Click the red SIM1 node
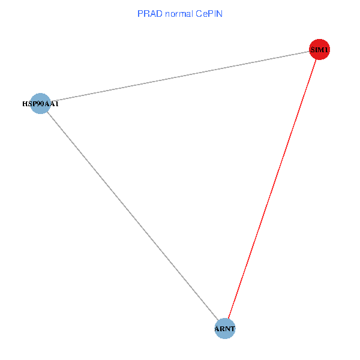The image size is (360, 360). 319,49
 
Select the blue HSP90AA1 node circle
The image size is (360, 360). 40,103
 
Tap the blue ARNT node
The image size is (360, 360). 224,328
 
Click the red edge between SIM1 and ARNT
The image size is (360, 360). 272,188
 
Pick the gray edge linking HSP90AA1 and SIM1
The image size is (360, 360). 180,76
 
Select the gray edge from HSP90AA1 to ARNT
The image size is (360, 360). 132,216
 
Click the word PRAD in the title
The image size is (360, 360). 149,14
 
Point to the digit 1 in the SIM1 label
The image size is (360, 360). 326,50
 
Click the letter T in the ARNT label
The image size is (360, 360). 232,329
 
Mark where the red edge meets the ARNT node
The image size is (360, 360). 227,319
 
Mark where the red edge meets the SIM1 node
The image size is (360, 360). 316,59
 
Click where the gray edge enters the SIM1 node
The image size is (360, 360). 310,51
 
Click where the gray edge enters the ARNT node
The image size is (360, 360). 218,320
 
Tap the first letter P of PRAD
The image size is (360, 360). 140,14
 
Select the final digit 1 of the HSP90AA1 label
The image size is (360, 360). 57,104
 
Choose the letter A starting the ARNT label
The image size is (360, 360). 218,329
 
